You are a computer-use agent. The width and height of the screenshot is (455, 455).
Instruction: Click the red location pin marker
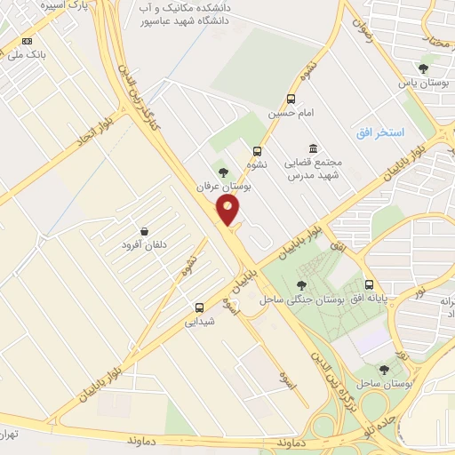[229, 210]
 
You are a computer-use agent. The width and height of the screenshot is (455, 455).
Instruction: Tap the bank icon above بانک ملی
[28, 41]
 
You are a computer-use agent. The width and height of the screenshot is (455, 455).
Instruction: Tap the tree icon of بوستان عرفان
[222, 172]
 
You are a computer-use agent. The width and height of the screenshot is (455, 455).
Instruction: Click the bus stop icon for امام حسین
[291, 99]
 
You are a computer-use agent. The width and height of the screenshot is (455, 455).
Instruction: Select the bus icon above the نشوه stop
[258, 151]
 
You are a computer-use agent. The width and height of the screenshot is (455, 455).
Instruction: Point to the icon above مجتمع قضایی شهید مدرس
[312, 148]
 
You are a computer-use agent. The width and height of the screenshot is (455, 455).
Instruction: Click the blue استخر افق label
[379, 132]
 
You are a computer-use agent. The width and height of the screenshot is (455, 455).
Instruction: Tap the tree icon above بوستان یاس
[424, 68]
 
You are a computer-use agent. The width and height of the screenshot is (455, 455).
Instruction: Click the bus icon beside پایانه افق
[369, 286]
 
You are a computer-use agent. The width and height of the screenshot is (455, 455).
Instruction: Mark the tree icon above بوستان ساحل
[384, 369]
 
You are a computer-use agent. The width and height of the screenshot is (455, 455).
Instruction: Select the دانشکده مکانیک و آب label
[189, 7]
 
